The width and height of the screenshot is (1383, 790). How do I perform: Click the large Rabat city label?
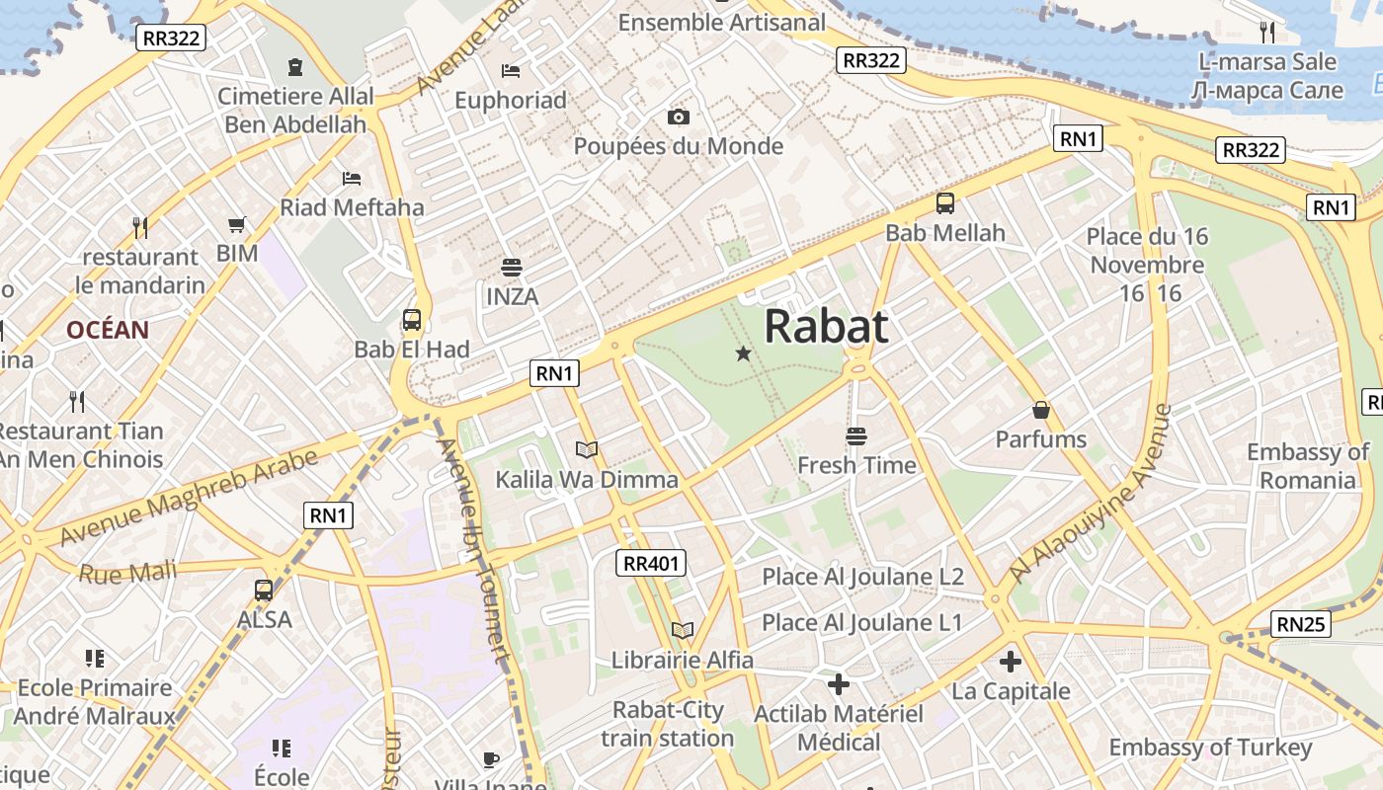click(x=826, y=326)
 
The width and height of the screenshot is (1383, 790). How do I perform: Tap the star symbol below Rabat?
click(x=744, y=354)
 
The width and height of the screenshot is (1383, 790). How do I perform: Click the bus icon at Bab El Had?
click(x=412, y=320)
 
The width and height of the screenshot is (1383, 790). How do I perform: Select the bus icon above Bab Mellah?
click(x=945, y=203)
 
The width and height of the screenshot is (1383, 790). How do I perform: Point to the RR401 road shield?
click(x=652, y=564)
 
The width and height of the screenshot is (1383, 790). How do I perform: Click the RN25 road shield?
click(x=1301, y=624)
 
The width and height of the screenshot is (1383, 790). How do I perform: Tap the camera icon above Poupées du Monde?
click(x=678, y=118)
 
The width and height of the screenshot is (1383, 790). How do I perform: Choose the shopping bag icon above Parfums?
click(x=1040, y=410)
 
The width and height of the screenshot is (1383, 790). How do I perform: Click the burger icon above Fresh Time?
click(x=855, y=435)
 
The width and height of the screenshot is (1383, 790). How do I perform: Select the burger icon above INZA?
click(x=512, y=267)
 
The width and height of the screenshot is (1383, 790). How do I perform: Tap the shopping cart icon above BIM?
click(x=236, y=225)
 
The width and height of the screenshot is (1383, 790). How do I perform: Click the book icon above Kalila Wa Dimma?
click(x=587, y=450)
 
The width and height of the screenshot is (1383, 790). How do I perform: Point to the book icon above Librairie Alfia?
click(x=682, y=630)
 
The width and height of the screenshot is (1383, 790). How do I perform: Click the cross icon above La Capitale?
click(x=1010, y=662)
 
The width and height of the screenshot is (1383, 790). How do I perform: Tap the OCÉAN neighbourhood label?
click(x=108, y=330)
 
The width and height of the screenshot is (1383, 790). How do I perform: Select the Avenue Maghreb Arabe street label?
click(x=188, y=498)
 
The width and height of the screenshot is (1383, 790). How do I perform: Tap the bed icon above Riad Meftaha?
click(x=352, y=179)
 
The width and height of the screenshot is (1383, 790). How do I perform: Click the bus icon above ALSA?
click(x=264, y=591)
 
